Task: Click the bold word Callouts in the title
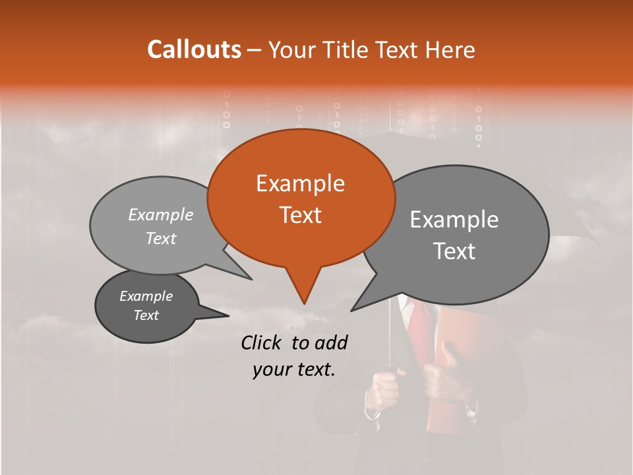click(x=194, y=49)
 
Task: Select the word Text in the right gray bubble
click(x=454, y=251)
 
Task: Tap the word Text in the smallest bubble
click(x=146, y=315)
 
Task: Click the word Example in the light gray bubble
click(x=161, y=214)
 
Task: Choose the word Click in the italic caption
click(x=262, y=342)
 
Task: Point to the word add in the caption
click(x=331, y=342)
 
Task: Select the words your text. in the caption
click(x=293, y=369)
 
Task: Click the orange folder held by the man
click(x=455, y=383)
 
